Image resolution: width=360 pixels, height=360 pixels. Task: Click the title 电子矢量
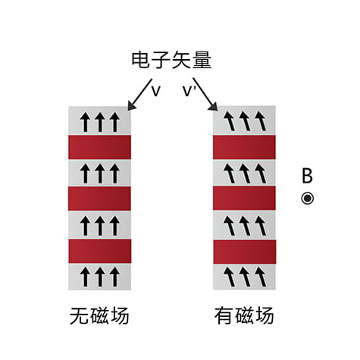pyautogui.click(x=171, y=60)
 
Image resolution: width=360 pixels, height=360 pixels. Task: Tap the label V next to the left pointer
pyautogui.click(x=156, y=91)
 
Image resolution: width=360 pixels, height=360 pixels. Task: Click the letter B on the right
pyautogui.click(x=307, y=176)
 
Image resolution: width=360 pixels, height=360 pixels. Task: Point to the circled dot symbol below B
pyautogui.click(x=308, y=199)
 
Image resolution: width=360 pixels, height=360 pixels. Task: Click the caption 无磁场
pyautogui.click(x=99, y=315)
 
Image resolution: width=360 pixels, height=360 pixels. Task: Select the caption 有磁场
pyautogui.click(x=244, y=315)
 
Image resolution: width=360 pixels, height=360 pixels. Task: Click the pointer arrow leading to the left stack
pyautogui.click(x=139, y=95)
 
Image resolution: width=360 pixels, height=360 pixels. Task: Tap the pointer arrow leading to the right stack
pyautogui.click(x=205, y=94)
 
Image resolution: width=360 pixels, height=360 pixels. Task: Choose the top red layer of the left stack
pyautogui.click(x=99, y=147)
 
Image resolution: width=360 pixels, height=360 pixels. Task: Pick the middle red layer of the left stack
pyautogui.click(x=99, y=199)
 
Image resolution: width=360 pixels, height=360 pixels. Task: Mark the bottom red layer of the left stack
pyautogui.click(x=100, y=252)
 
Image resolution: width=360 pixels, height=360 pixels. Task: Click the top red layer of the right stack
pyautogui.click(x=244, y=147)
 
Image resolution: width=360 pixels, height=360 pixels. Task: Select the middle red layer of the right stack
pyautogui.click(x=244, y=199)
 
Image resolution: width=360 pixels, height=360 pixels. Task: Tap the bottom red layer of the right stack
pyautogui.click(x=245, y=252)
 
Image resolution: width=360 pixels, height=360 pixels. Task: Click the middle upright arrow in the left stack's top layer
pyautogui.click(x=100, y=122)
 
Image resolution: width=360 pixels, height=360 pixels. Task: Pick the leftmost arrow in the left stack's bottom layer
pyautogui.click(x=85, y=277)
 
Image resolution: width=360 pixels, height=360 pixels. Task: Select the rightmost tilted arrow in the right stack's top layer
pyautogui.click(x=261, y=121)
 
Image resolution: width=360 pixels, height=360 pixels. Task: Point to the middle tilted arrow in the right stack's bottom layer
pyautogui.click(x=245, y=277)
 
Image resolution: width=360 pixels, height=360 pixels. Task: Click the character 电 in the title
pyautogui.click(x=140, y=60)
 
